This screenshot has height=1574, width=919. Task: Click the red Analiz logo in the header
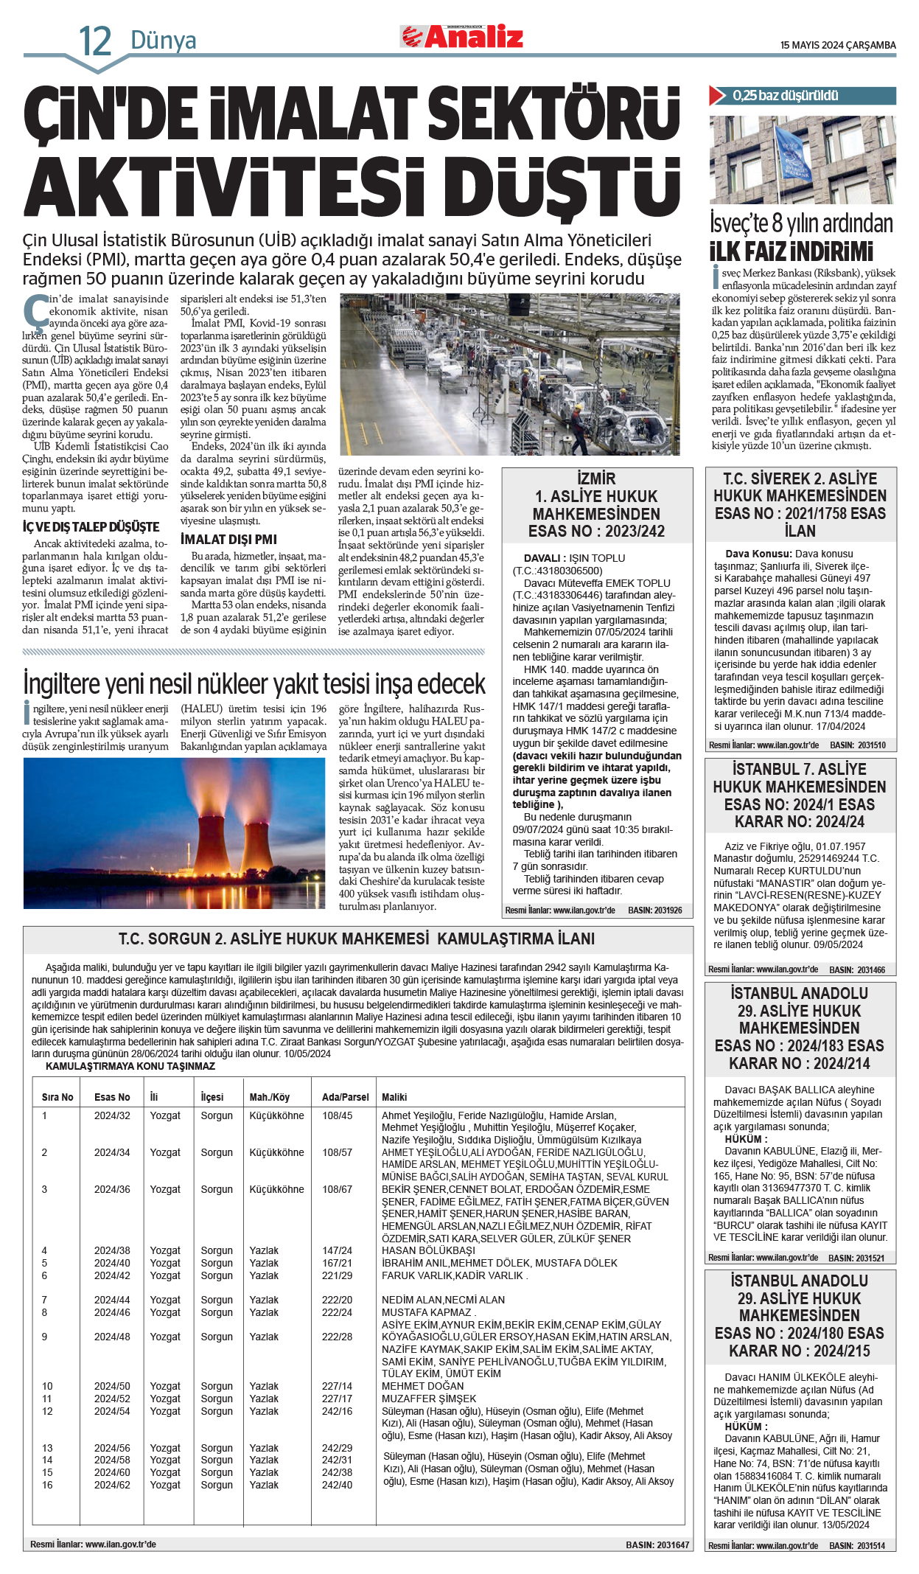click(462, 36)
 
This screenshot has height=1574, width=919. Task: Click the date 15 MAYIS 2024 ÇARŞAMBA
click(838, 45)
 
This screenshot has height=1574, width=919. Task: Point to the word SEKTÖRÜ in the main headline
click(553, 114)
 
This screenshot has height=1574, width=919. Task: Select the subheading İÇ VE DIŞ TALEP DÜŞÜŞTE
click(91, 527)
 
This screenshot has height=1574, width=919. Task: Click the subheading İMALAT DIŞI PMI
click(228, 539)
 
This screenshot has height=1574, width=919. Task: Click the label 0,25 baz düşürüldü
click(785, 96)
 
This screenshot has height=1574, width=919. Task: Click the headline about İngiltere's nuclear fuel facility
click(254, 683)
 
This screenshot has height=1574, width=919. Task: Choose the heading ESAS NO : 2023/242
click(596, 531)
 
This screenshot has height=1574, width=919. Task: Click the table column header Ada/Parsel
click(345, 1097)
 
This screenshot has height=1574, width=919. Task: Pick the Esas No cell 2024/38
click(112, 1250)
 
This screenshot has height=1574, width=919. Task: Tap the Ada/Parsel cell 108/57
click(337, 1152)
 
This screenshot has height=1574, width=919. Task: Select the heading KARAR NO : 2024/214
click(799, 1063)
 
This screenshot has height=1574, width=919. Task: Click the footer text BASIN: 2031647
click(657, 1545)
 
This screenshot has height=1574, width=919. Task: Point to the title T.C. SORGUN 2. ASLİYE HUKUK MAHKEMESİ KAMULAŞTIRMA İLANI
click(357, 939)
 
